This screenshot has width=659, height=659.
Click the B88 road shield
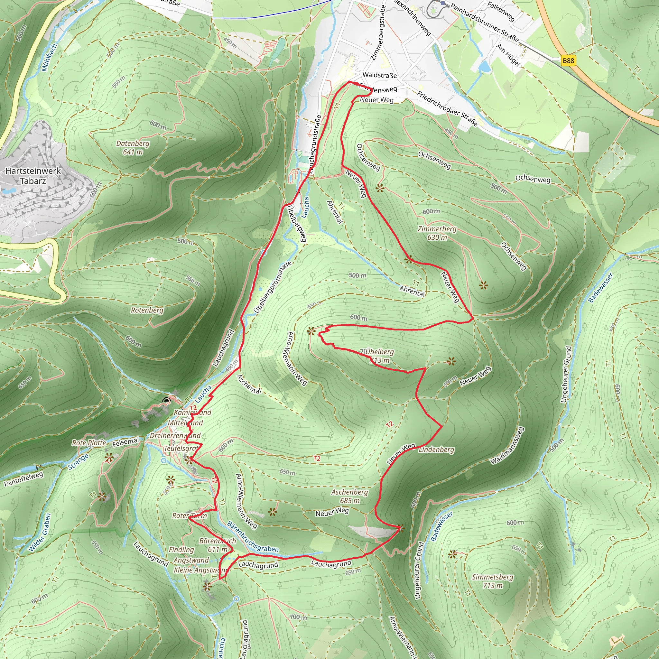coord(568,61)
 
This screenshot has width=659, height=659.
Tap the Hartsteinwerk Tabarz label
coord(33,176)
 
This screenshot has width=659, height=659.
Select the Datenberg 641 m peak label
coord(133,148)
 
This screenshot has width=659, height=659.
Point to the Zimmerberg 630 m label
coord(437,233)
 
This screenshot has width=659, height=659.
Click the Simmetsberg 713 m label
coord(493,581)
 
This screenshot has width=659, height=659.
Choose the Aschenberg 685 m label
coord(350,496)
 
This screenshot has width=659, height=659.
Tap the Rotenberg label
coord(147,310)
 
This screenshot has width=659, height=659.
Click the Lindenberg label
coord(436,450)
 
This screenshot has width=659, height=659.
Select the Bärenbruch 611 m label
coord(218,545)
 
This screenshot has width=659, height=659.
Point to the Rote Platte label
coord(89,443)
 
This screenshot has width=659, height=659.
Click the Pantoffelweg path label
coord(23,478)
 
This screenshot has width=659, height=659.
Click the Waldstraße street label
coord(380,75)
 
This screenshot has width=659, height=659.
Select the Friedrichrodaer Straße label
coord(447,108)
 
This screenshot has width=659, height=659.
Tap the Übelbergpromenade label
coord(273,288)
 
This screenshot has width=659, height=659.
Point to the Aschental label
coord(249,384)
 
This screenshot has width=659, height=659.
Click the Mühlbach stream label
coord(49,57)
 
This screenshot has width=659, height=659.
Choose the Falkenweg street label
coord(501,11)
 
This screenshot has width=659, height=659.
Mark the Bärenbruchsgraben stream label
coord(253,537)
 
